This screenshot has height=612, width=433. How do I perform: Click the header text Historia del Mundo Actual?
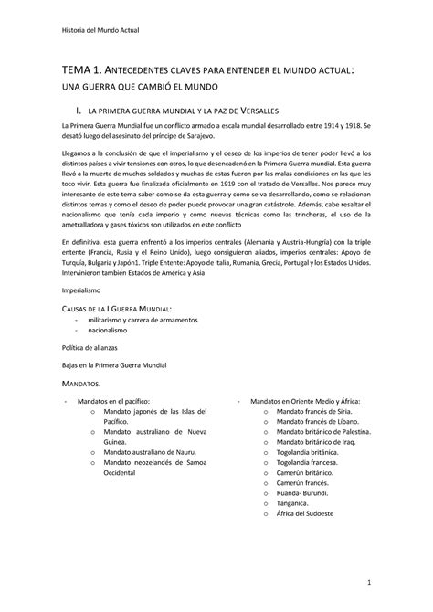coord(100,29)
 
